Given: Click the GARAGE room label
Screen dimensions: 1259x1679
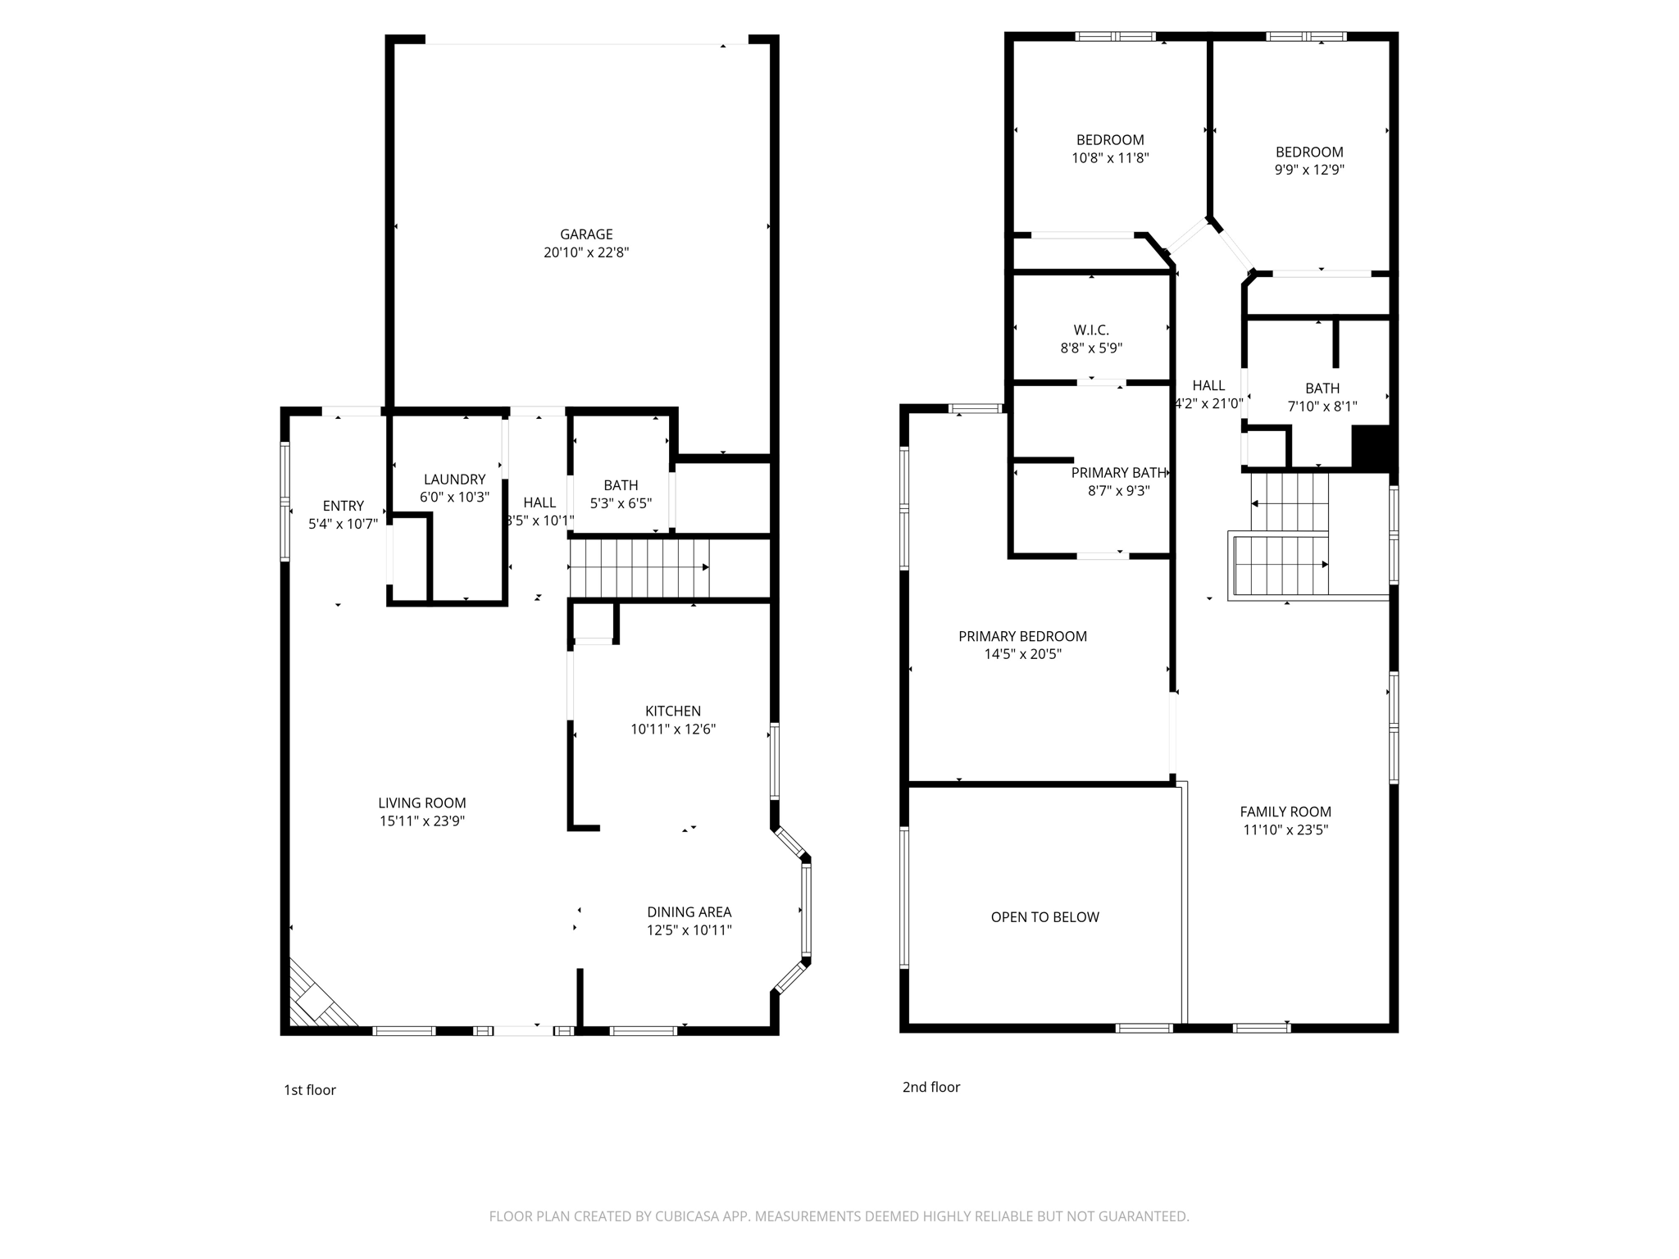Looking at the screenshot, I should click(586, 234).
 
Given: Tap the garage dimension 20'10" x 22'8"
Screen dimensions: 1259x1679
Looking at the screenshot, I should click(586, 252).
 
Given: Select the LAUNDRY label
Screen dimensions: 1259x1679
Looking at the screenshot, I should click(454, 480).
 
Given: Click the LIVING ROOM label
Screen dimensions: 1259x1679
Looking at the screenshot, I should click(422, 803).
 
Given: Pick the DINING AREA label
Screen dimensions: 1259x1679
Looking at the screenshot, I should click(689, 912).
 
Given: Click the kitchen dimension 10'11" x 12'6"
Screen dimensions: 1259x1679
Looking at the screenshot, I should click(673, 729).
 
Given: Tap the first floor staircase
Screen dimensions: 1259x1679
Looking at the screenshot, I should click(639, 568).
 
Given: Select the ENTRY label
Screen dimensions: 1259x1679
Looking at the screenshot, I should click(343, 507).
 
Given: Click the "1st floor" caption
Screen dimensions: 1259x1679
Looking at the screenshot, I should click(310, 1090).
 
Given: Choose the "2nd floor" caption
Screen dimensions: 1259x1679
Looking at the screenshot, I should click(931, 1088).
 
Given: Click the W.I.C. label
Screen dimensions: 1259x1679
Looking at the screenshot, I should click(1091, 330).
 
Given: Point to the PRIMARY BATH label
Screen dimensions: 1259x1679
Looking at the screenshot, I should click(1118, 473).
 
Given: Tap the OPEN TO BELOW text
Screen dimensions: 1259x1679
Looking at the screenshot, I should click(1044, 917).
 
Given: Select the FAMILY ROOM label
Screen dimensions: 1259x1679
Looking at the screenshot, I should click(1285, 812).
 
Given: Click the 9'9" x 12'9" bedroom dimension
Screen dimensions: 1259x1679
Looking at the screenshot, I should click(1309, 170).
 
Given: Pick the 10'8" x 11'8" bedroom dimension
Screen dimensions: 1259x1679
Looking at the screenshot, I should click(1110, 158).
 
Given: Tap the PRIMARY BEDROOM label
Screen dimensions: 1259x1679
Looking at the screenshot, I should click(1022, 637).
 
